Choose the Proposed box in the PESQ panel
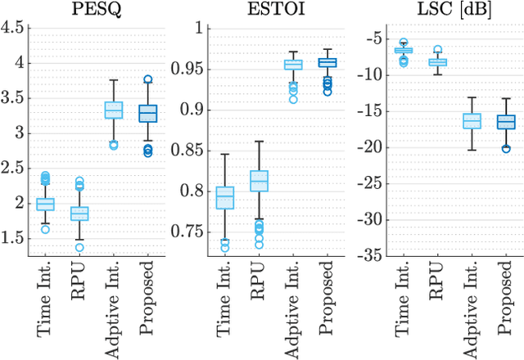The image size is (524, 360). [x=147, y=114]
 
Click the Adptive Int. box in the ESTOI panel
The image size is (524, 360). [x=292, y=65]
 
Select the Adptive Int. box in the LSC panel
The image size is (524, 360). [x=472, y=120]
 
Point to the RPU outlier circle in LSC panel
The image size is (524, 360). [x=438, y=50]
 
